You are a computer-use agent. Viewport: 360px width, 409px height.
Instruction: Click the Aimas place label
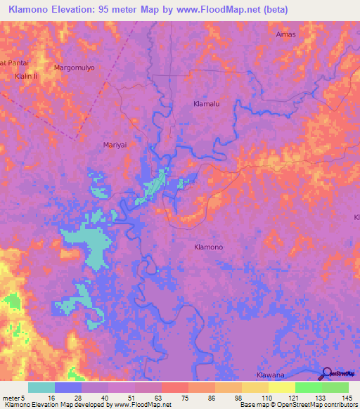[286, 34]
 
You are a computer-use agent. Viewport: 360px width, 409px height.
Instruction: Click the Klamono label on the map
[208, 247]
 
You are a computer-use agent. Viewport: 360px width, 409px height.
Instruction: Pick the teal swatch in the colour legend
[41, 387]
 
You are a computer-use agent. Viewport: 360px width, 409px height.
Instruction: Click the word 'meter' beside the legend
[11, 398]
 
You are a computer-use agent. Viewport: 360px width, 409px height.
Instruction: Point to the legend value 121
[281, 398]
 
